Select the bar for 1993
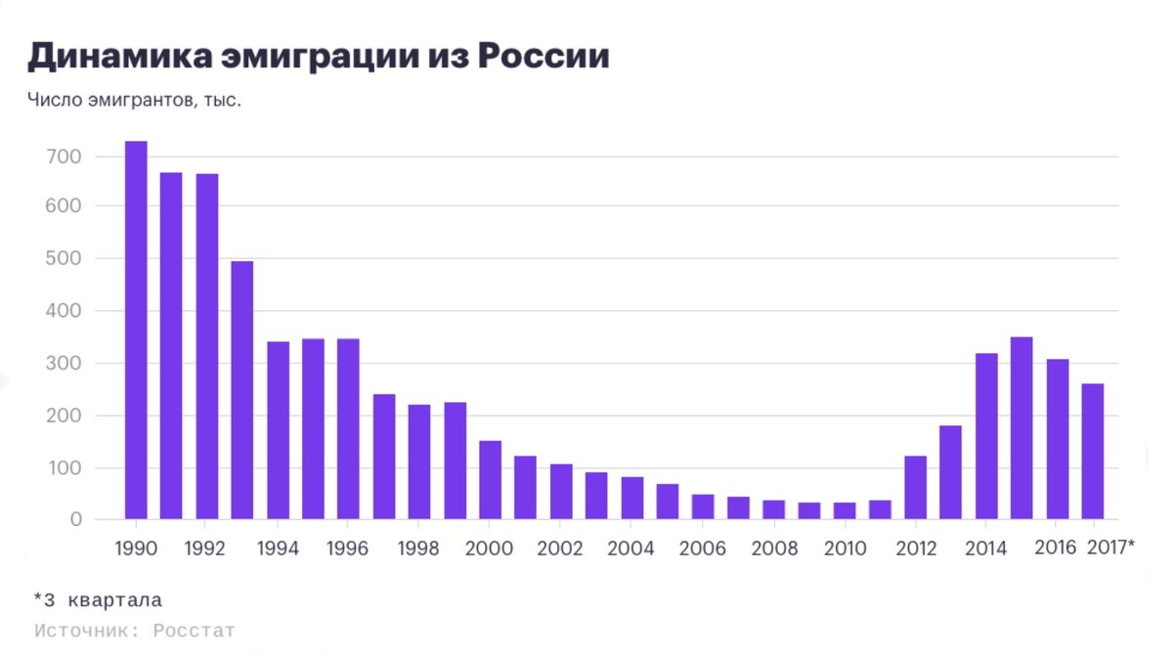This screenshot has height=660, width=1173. pos(242,390)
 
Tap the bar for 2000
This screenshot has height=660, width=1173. pos(490,480)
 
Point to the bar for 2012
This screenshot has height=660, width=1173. pos(915,487)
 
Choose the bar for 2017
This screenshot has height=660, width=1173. pos(1093,451)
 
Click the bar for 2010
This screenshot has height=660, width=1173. pos(845,510)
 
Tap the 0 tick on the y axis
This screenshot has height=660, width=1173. pos(75,520)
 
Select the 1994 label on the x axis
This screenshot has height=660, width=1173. pos(277,549)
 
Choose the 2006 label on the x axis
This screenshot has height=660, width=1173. pos(703,549)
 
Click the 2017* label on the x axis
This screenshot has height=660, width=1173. pos(1110,548)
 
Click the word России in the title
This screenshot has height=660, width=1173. pos(543,57)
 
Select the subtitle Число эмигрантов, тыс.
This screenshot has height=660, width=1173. pos(134,100)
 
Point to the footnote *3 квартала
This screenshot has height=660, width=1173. pos(98,600)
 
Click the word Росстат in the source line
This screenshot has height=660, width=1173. pos(194,631)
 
